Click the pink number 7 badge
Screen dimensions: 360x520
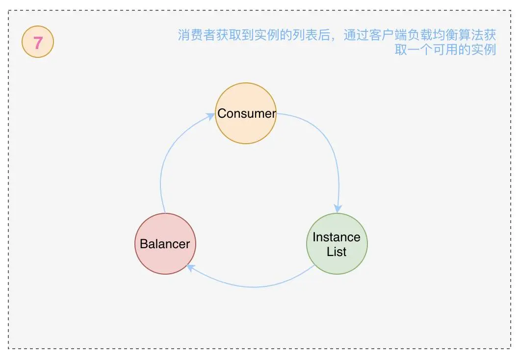(x=38, y=43)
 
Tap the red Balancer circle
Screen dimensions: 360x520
(x=165, y=244)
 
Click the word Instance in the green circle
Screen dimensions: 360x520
(x=337, y=237)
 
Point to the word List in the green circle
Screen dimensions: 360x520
(x=337, y=252)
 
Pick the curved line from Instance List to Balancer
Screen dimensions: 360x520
(x=255, y=286)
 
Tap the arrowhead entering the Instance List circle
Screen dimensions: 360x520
(x=338, y=207)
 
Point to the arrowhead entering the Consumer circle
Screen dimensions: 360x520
(x=211, y=116)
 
